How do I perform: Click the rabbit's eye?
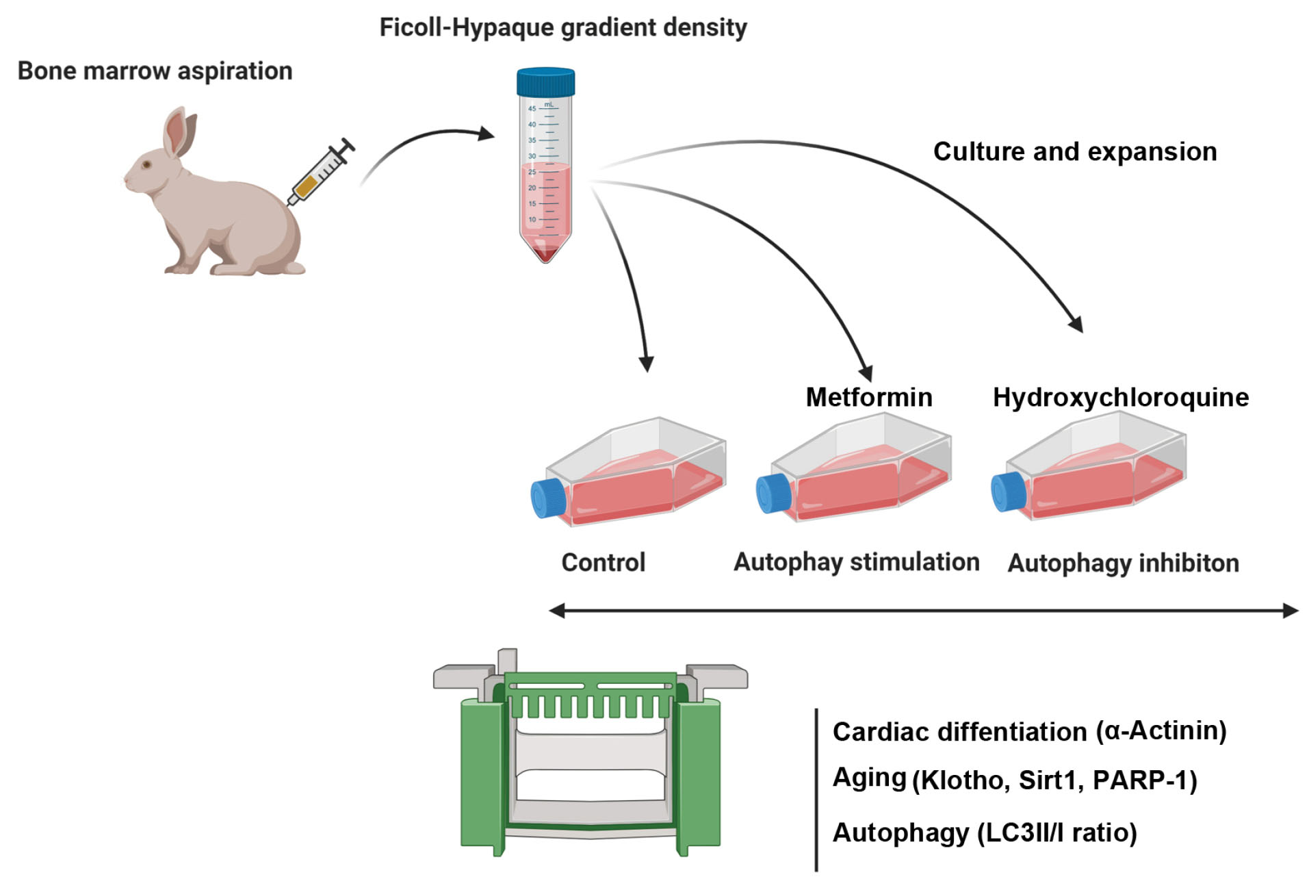146,164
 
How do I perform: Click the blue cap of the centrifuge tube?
545,81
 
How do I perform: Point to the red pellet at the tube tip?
545,255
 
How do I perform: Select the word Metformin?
868,397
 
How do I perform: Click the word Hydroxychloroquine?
1120,397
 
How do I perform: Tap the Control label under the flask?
603,563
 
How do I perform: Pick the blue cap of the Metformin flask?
773,492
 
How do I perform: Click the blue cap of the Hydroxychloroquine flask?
1007,491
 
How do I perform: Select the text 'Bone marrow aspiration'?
155,71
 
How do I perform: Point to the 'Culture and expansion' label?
1075,152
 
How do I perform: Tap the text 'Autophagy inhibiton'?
1123,563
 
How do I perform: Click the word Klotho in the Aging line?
961,780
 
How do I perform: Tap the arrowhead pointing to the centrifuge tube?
487,133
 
